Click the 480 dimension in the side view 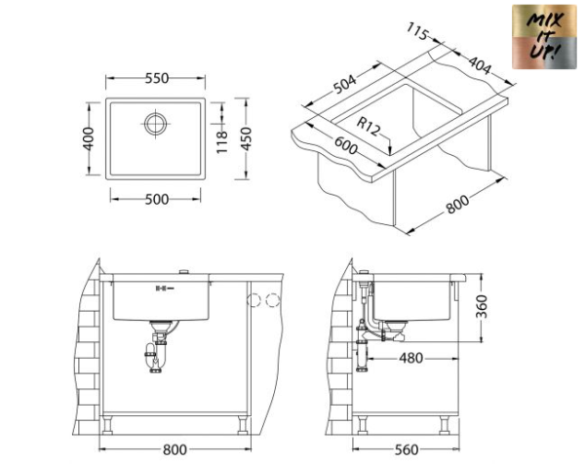(x=412, y=358)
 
